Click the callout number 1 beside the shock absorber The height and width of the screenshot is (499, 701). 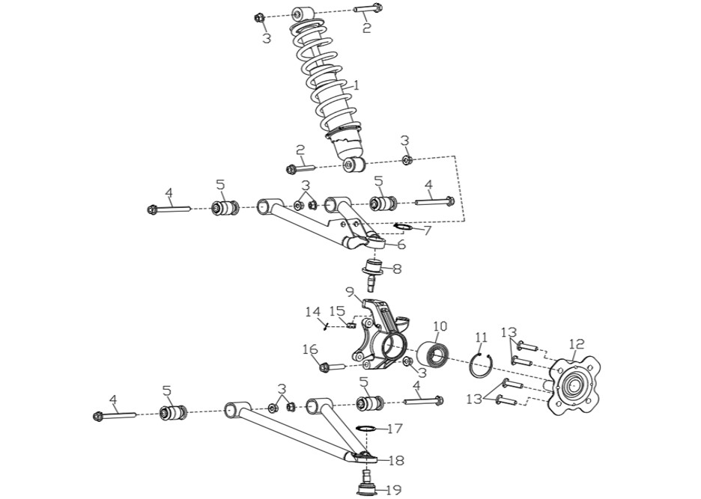[x=356, y=85]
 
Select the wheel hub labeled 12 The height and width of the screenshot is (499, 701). [x=574, y=385]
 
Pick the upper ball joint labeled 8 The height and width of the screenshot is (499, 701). [x=373, y=273]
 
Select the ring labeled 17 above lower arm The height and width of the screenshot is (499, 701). [x=365, y=429]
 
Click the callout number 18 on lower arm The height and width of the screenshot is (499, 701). [x=396, y=461]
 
